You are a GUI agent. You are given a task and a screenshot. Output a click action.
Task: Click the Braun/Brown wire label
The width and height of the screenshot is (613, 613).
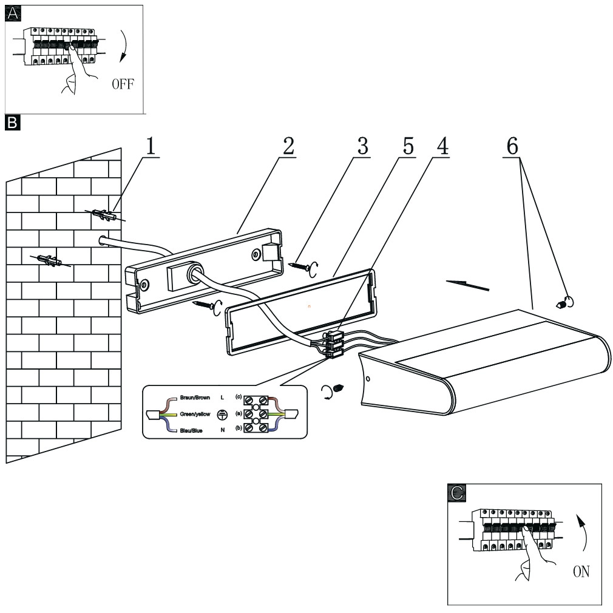194,398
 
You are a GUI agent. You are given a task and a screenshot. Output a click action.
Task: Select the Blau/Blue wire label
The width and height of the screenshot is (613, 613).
192,430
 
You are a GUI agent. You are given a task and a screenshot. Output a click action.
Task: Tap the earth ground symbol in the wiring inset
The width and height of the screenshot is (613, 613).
222,415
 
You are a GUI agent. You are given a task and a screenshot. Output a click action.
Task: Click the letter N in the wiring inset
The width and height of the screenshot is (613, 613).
222,430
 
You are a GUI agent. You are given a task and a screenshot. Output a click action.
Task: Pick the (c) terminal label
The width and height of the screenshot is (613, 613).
238,398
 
